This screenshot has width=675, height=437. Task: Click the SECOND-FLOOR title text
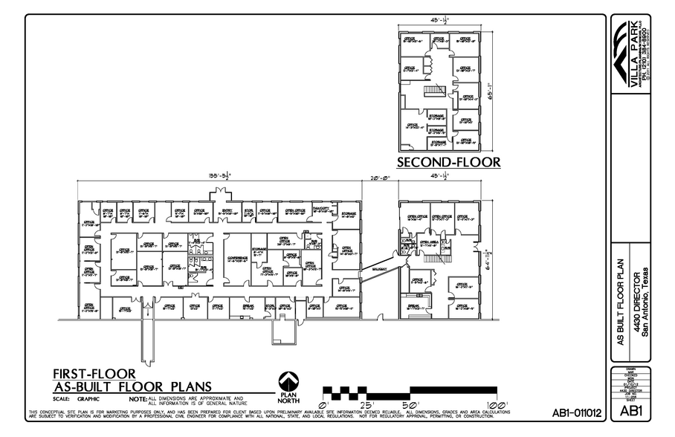tap(448, 162)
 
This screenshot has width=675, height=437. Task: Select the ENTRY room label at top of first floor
tap(227, 210)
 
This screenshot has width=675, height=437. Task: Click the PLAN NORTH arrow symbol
tap(289, 379)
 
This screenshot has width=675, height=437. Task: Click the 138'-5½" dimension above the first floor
tap(220, 176)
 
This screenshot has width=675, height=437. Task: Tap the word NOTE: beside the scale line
tap(139, 400)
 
